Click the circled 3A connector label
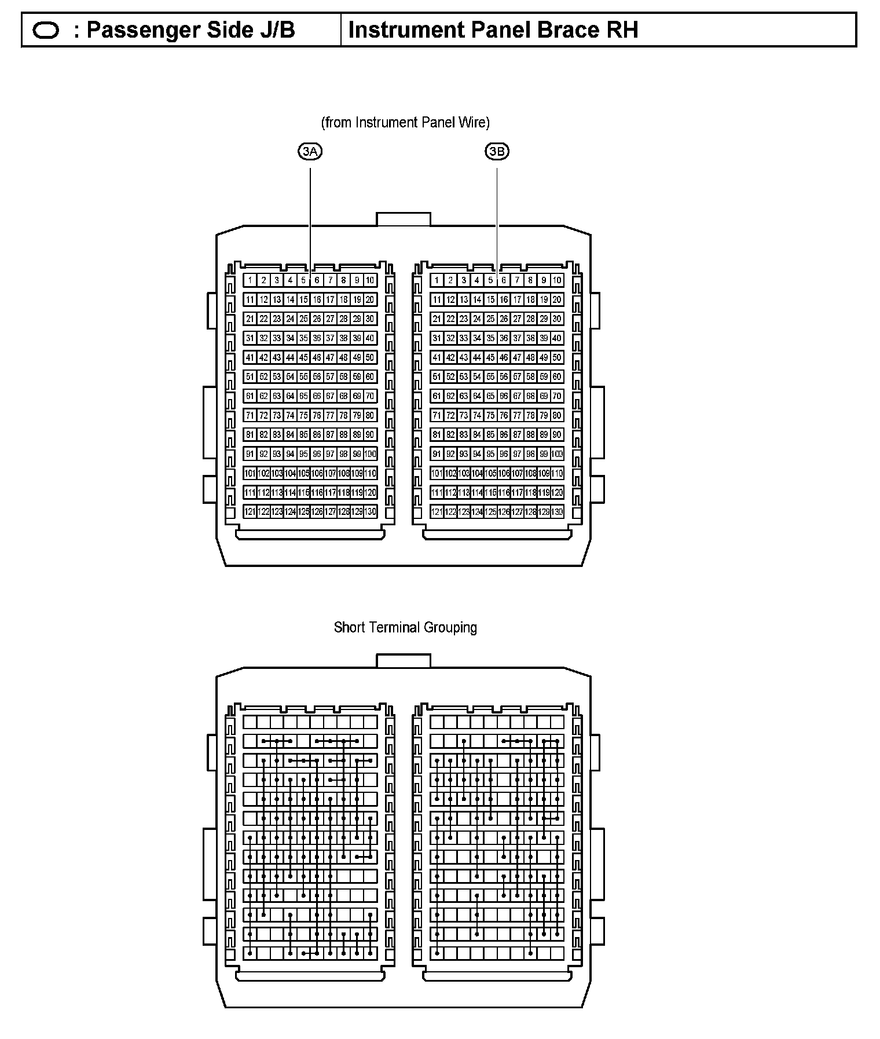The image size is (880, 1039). tap(310, 152)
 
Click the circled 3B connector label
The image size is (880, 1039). tap(497, 152)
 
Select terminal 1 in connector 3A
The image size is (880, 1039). tap(250, 280)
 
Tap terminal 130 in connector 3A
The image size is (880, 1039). tap(370, 511)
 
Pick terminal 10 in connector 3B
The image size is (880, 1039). tap(557, 280)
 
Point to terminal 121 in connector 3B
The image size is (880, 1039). tap(437, 511)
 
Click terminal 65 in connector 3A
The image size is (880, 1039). tap(303, 396)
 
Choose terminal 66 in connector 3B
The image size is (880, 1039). tap(504, 396)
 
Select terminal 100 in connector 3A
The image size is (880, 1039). tap(370, 454)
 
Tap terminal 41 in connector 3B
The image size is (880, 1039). tap(437, 357)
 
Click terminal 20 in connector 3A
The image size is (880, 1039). tap(370, 299)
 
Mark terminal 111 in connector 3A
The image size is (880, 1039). tap(250, 492)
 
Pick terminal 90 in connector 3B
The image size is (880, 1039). tap(557, 434)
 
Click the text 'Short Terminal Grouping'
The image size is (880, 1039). tap(405, 628)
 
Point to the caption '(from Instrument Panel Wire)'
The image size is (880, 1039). tap(405, 122)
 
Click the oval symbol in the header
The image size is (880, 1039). tap(46, 30)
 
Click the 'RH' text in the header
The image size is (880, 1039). tap(622, 30)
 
